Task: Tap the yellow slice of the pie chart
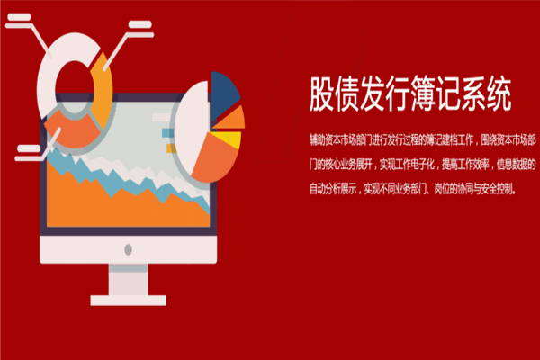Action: coord(232,139)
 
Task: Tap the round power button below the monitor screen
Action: coord(127,245)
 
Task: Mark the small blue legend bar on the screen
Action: coord(166,129)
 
